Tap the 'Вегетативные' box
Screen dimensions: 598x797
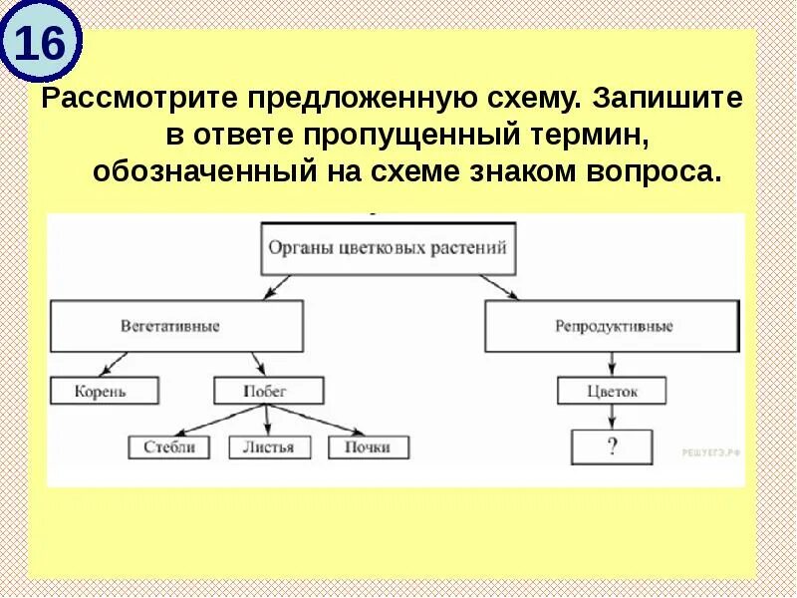pyautogui.click(x=176, y=327)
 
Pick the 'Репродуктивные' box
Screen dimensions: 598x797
pyautogui.click(x=614, y=327)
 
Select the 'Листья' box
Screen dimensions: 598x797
pyautogui.click(x=268, y=447)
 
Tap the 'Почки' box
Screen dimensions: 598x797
pyautogui.click(x=368, y=447)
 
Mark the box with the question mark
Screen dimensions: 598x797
pyautogui.click(x=612, y=447)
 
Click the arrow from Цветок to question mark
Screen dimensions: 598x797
pyautogui.click(x=612, y=418)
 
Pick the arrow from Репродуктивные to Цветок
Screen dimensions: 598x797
pyautogui.click(x=610, y=364)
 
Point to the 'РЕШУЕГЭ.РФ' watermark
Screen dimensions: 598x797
pyautogui.click(x=711, y=452)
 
